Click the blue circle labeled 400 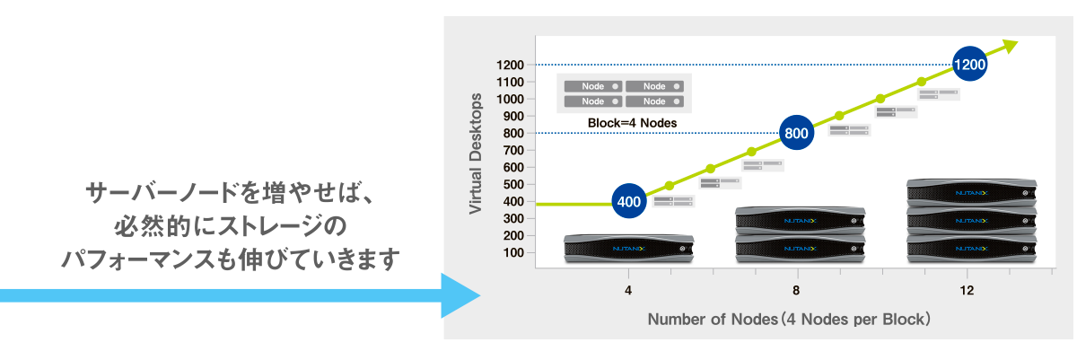click(x=630, y=201)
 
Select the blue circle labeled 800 click(x=797, y=133)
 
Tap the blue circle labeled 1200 click(x=970, y=65)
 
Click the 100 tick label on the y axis click(x=512, y=252)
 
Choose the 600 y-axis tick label click(x=512, y=167)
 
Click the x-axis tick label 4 click(x=628, y=291)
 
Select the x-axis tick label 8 click(x=797, y=291)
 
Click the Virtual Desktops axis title click(x=477, y=154)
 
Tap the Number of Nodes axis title click(x=788, y=319)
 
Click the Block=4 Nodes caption click(x=632, y=122)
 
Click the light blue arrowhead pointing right click(x=462, y=294)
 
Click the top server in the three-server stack click(x=970, y=192)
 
